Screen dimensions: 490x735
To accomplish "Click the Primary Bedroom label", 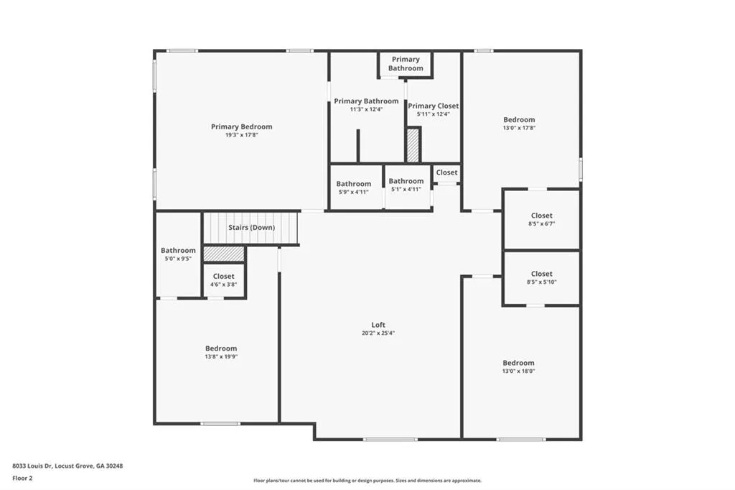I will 241,126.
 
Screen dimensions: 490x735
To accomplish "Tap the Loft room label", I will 378,325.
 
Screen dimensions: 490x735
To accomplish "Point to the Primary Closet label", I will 433,106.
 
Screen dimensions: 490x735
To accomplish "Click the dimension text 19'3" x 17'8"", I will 241,135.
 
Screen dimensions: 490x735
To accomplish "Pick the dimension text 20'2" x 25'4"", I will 378,333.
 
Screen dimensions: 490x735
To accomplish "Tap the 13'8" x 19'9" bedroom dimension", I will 221,356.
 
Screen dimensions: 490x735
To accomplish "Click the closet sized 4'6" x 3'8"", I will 223,280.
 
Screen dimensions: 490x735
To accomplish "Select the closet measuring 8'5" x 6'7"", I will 541,219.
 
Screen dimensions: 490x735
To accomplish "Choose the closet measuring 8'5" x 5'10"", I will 541,277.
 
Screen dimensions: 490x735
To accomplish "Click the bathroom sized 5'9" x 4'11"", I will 354,188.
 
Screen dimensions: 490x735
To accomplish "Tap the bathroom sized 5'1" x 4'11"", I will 406,185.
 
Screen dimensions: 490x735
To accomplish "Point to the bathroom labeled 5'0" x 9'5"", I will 178,254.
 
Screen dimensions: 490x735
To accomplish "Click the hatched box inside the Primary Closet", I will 413,145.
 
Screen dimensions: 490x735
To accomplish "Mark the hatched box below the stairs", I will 223,254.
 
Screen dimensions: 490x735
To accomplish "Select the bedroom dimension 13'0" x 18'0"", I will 518,371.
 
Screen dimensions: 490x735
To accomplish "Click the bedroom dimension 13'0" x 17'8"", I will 518,128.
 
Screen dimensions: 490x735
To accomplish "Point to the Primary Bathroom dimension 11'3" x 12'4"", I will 366,109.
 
